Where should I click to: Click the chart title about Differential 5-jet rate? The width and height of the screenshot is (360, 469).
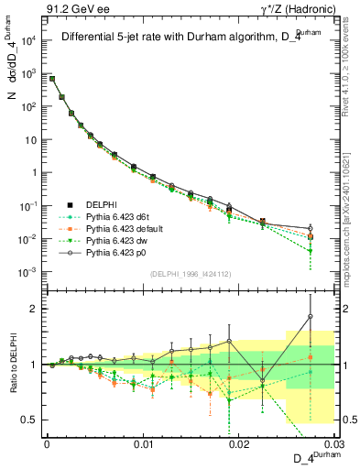pyautogui.click(x=183, y=38)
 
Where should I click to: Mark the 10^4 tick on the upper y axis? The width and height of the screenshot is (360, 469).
pyautogui.click(x=30, y=40)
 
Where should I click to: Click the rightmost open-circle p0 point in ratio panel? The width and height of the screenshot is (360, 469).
pyautogui.click(x=311, y=317)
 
